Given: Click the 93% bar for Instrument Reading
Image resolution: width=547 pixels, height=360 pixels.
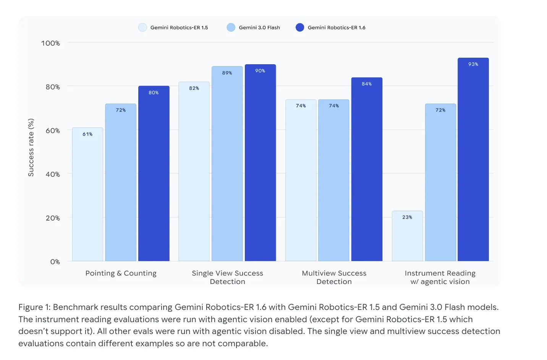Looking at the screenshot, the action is (x=473, y=159).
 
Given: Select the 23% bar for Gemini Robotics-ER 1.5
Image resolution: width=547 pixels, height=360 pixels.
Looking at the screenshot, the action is (x=407, y=236).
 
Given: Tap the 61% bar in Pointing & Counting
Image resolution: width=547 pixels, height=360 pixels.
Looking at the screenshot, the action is (x=88, y=194).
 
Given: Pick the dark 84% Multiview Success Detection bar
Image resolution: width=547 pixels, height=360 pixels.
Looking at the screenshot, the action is (x=367, y=169).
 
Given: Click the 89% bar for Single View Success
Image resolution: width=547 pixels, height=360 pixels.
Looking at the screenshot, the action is (x=227, y=164).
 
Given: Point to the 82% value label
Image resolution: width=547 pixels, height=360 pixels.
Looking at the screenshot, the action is (x=194, y=88).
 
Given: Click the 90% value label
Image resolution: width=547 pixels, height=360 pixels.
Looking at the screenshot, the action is (x=260, y=71).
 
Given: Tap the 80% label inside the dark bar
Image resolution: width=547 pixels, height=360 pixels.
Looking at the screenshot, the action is (x=154, y=92).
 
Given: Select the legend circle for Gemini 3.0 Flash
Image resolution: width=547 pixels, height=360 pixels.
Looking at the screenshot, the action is (x=231, y=28).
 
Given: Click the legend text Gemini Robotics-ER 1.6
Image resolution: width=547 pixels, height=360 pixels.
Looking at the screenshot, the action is (x=337, y=28).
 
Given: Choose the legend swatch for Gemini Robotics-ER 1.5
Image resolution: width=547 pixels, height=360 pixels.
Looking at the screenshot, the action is (x=142, y=28).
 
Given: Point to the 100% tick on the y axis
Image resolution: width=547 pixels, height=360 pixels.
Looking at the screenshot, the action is (x=50, y=43).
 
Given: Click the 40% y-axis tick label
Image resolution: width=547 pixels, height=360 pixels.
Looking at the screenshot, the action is (x=52, y=174).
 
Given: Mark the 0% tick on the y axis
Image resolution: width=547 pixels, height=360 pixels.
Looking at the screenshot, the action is (x=55, y=262).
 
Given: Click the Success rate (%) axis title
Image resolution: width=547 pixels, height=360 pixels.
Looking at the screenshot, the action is (x=31, y=148).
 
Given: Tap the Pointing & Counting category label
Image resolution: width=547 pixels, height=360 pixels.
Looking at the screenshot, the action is (x=121, y=273).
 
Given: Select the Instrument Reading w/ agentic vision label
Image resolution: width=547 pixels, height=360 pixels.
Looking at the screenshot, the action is (x=440, y=277).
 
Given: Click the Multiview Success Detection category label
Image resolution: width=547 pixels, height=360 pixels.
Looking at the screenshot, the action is (x=334, y=277).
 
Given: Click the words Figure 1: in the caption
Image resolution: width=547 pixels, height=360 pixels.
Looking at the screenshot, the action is (x=34, y=307).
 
